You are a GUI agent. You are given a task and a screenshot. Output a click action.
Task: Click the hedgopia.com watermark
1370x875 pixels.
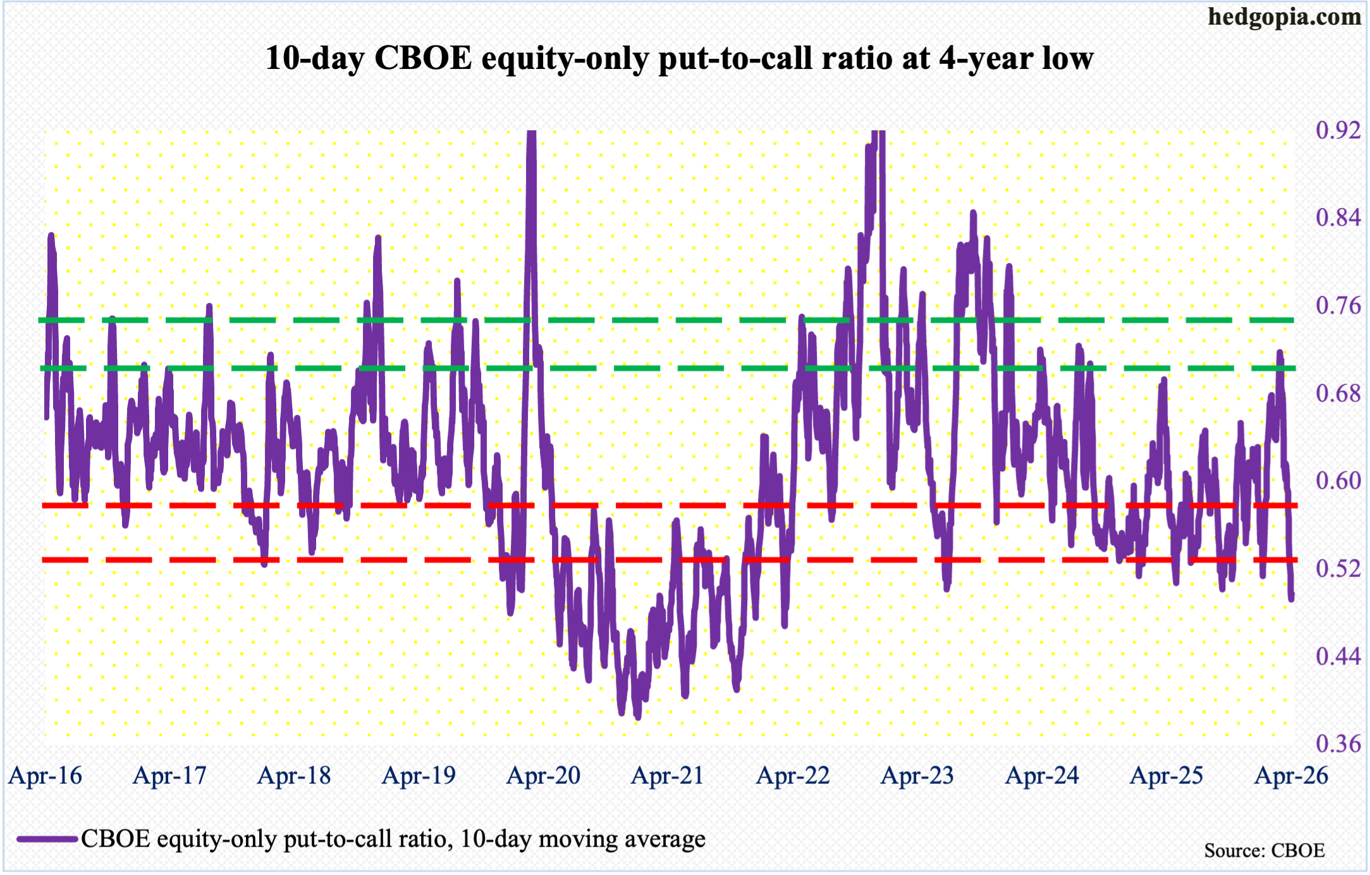[1284, 17]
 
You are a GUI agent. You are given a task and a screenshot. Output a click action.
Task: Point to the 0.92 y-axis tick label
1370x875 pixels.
[1338, 130]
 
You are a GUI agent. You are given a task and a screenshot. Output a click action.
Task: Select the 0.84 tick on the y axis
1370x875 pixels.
[1338, 217]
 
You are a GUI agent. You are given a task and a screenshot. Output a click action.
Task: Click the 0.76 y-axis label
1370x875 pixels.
[1338, 305]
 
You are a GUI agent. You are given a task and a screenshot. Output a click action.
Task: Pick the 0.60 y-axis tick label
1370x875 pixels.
[1338, 480]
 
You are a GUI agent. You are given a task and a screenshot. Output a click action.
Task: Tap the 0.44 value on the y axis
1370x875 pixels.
[1338, 656]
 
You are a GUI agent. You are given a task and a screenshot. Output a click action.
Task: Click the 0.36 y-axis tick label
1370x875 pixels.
[1338, 743]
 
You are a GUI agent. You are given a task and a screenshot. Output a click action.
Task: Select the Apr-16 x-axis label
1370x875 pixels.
[46, 776]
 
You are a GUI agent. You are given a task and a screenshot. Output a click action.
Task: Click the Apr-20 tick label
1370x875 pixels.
[543, 776]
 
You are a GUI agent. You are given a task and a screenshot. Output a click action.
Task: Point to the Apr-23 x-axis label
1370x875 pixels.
[917, 776]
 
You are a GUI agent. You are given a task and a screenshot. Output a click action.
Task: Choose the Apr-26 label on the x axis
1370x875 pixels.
[1291, 776]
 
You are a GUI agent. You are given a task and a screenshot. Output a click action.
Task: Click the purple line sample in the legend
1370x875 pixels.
[47, 840]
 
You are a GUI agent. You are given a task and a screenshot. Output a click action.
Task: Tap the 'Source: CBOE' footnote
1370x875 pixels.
[1264, 851]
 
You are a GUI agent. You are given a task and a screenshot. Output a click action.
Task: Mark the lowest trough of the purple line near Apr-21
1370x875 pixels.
[637, 717]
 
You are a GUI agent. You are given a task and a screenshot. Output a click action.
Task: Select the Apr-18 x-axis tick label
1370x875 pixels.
[294, 776]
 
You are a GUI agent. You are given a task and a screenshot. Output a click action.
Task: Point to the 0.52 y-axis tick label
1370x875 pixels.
[1338, 568]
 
